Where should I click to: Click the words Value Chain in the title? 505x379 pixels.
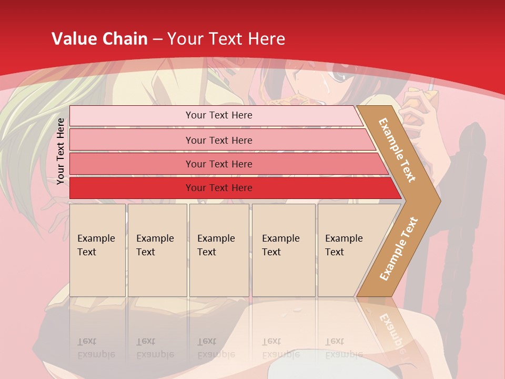pos(99,38)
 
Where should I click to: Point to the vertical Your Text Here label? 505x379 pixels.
pos(61,151)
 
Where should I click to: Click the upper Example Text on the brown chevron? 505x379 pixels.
pos(397,150)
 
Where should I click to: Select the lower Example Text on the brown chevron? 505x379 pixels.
pos(399,248)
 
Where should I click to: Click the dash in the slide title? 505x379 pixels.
pos(157,38)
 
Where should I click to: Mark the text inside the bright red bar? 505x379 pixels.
pos(219,188)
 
